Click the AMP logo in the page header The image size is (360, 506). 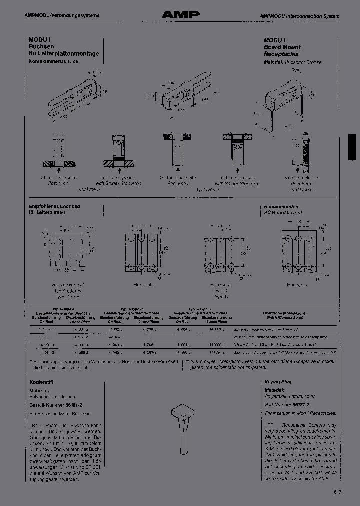point(180,15)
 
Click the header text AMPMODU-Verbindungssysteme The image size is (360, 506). point(62,16)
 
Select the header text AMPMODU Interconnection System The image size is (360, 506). point(299,16)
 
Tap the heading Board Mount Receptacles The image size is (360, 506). point(282,50)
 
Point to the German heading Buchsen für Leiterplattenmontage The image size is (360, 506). point(63,50)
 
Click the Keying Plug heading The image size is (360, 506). point(278,382)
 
